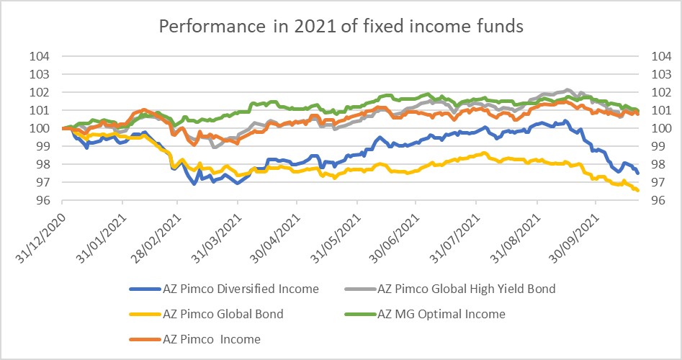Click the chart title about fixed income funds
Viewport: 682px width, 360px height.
tap(341, 27)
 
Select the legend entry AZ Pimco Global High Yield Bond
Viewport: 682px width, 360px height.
tap(466, 289)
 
